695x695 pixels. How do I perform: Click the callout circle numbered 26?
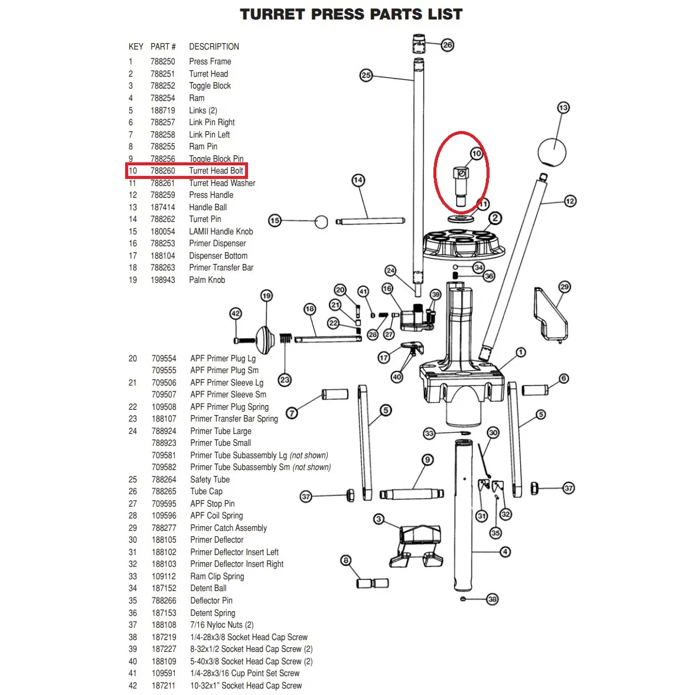(x=448, y=45)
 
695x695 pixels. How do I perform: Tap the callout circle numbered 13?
(x=563, y=107)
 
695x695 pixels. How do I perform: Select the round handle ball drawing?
(x=552, y=152)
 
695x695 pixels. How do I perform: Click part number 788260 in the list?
(x=162, y=171)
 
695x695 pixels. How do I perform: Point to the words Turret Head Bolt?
(x=216, y=171)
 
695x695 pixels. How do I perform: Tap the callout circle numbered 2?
(x=495, y=218)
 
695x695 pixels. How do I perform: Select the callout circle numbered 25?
(x=366, y=75)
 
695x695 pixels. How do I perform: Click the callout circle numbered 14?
(x=358, y=180)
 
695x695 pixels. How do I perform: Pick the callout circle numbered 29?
(x=565, y=287)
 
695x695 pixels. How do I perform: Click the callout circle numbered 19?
(x=266, y=296)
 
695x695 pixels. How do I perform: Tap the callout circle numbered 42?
(x=236, y=314)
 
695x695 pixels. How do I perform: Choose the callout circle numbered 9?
(x=428, y=460)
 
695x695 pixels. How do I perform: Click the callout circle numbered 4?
(x=505, y=552)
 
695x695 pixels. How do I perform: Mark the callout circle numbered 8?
(x=346, y=560)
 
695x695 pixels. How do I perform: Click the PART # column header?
(x=163, y=47)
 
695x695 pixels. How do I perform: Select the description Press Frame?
(x=210, y=61)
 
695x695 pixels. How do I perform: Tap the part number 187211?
(x=164, y=686)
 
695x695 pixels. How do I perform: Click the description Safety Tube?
(x=210, y=479)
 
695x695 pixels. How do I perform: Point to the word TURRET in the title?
(x=272, y=14)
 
